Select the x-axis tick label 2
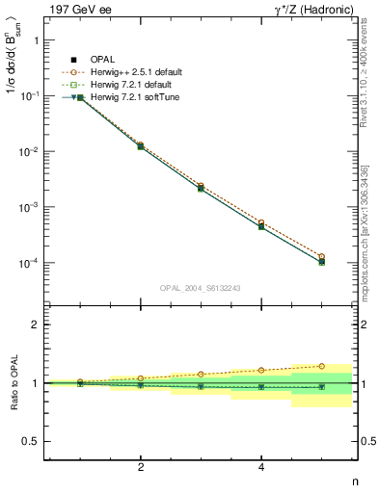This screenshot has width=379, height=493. (x=141, y=468)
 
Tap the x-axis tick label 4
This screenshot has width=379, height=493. (x=261, y=468)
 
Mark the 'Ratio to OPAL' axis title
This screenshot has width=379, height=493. (x=13, y=383)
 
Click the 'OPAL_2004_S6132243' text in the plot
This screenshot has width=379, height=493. (x=200, y=287)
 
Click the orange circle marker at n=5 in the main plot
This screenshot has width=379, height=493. (x=321, y=257)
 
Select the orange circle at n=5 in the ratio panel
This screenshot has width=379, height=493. (x=321, y=366)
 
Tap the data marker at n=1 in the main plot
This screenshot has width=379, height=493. (x=80, y=97)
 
